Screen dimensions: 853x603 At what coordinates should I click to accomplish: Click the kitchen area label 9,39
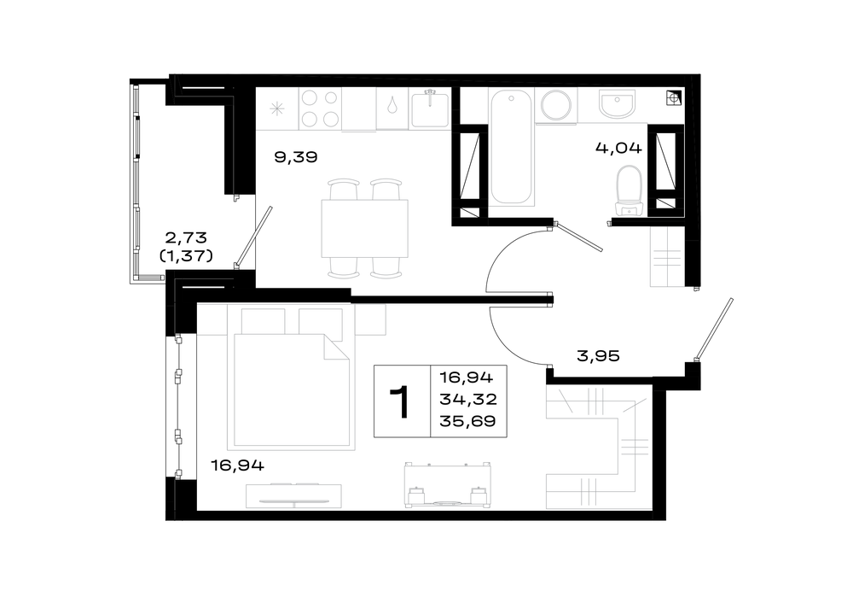[x=295, y=157]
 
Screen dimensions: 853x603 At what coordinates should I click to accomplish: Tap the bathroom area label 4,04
[x=618, y=148]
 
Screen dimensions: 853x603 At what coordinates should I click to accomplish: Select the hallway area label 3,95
[x=598, y=356]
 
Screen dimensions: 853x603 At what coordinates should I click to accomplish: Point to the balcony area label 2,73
[x=186, y=238]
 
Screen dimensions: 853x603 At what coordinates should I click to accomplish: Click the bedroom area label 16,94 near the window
[x=238, y=465]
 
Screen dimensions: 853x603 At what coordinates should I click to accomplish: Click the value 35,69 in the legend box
[x=467, y=421]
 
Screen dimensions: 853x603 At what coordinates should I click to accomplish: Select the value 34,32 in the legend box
[x=467, y=399]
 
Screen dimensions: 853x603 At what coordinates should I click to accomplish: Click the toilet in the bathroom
[x=630, y=190]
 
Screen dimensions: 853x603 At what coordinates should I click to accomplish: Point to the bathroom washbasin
[x=617, y=103]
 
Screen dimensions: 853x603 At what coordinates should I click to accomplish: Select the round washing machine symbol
[x=556, y=106]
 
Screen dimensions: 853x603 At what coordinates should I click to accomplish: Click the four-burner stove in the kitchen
[x=320, y=108]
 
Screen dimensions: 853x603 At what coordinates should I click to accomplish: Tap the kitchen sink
[x=430, y=109]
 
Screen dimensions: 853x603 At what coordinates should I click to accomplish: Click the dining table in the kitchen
[x=364, y=229]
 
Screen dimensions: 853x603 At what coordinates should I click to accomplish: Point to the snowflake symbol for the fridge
[x=277, y=109]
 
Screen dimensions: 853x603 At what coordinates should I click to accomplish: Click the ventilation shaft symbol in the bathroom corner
[x=674, y=98]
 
